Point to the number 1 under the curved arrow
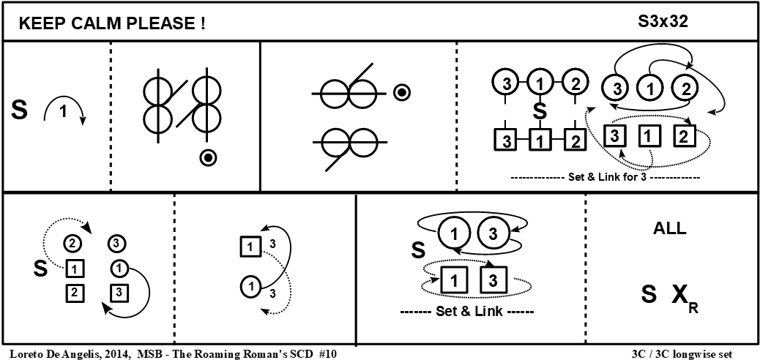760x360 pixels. tap(62, 113)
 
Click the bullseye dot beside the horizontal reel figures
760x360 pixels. tap(401, 92)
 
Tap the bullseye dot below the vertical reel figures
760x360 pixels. tap(209, 157)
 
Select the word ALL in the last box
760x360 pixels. tap(669, 228)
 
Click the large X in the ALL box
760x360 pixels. tap(679, 294)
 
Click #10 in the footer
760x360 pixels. tap(327, 353)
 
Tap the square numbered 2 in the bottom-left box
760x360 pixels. tap(74, 293)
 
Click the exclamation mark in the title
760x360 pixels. tap(201, 23)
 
